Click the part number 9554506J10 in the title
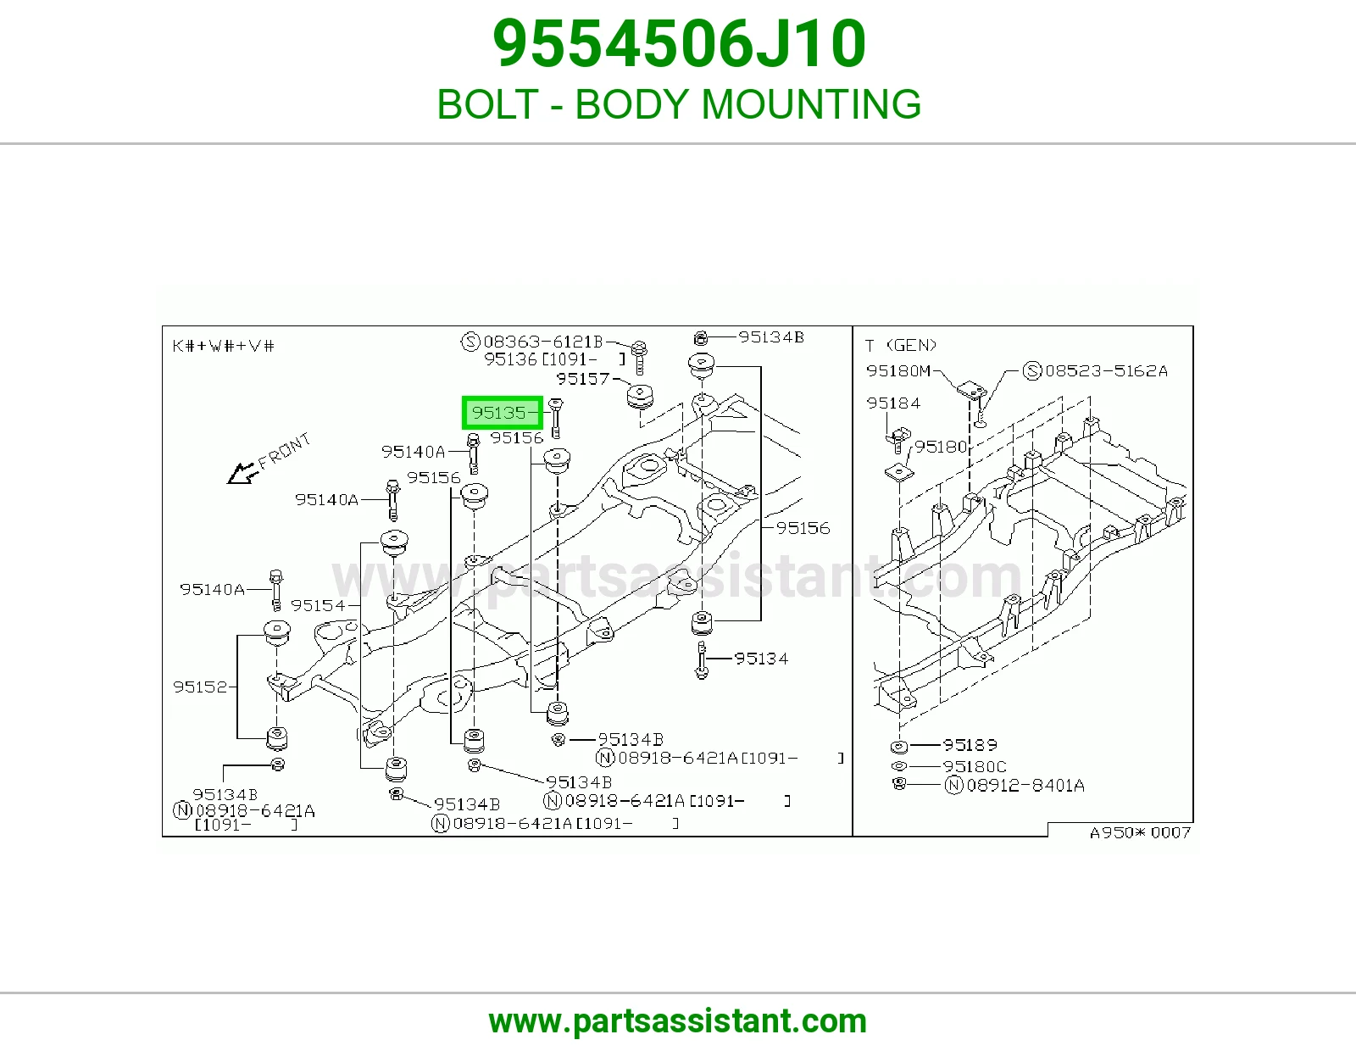click(x=679, y=43)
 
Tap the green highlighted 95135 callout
click(x=502, y=413)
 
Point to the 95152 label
click(x=200, y=687)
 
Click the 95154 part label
click(x=318, y=605)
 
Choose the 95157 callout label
click(x=583, y=378)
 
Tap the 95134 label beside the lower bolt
click(x=761, y=658)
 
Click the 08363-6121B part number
click(x=543, y=342)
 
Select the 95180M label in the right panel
click(x=898, y=370)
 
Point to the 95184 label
click(x=893, y=403)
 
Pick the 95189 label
click(x=970, y=744)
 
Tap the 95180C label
click(x=975, y=765)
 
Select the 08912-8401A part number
click(x=1025, y=785)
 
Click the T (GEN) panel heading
click(x=901, y=345)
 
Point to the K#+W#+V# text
click(x=223, y=346)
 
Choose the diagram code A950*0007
click(x=1140, y=832)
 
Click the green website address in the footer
click(x=678, y=1021)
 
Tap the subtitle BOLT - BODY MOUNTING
click(x=679, y=103)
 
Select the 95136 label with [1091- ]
click(x=554, y=359)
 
